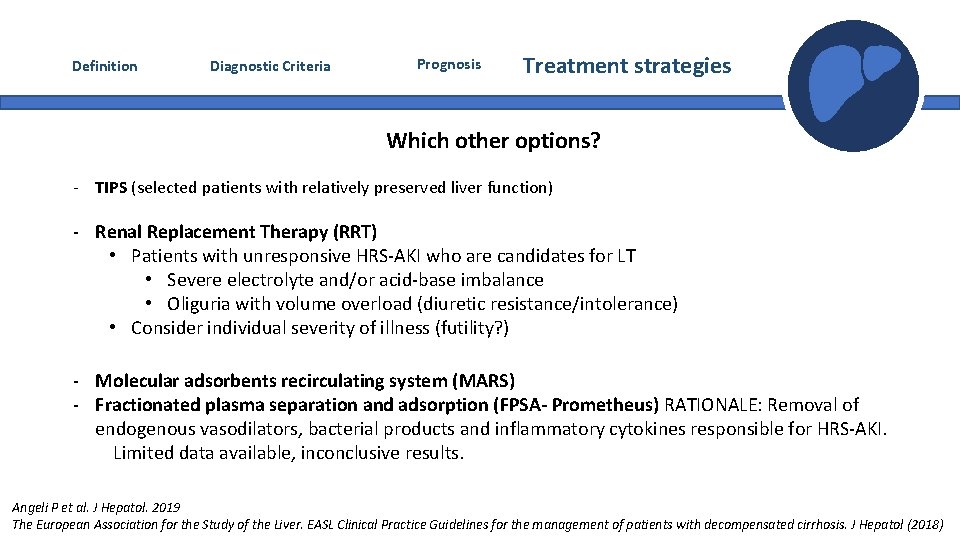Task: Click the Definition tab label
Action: tap(105, 66)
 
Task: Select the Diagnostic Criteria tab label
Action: tap(270, 67)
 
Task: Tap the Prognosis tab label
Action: tap(449, 64)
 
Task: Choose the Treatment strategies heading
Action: tap(627, 66)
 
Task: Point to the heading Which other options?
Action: tap(493, 140)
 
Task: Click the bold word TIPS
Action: tap(111, 187)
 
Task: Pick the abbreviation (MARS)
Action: tap(483, 381)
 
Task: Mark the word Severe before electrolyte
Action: tap(196, 280)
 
